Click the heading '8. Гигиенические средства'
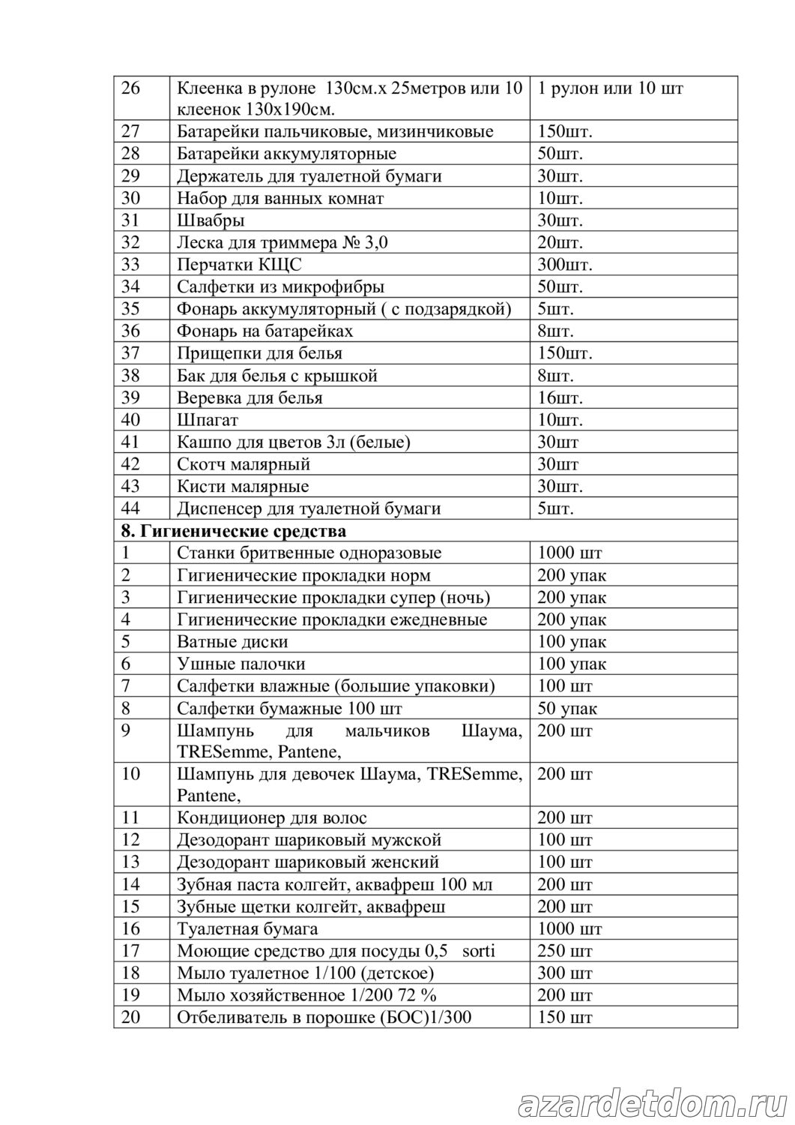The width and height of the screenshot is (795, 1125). point(234,531)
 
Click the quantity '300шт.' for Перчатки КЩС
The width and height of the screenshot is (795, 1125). point(565,265)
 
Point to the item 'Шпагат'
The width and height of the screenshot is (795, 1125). point(208,420)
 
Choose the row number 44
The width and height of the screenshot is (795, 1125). point(130,508)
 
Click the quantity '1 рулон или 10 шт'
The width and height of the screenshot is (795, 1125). point(610,88)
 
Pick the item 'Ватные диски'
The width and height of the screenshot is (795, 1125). point(232,642)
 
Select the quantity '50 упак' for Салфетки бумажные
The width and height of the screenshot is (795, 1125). point(567,709)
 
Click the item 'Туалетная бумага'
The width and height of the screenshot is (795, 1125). point(247,929)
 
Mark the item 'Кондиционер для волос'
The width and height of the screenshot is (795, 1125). point(272,817)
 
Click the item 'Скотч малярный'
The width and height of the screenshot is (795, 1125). point(244,464)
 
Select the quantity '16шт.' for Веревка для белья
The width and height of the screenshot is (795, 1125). point(560,397)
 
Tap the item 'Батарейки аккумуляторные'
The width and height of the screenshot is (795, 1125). point(287,154)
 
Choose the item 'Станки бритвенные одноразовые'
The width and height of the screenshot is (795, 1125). point(309,553)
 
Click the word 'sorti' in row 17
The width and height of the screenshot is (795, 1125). point(479,951)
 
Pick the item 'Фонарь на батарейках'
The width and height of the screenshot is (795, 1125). point(265,331)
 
